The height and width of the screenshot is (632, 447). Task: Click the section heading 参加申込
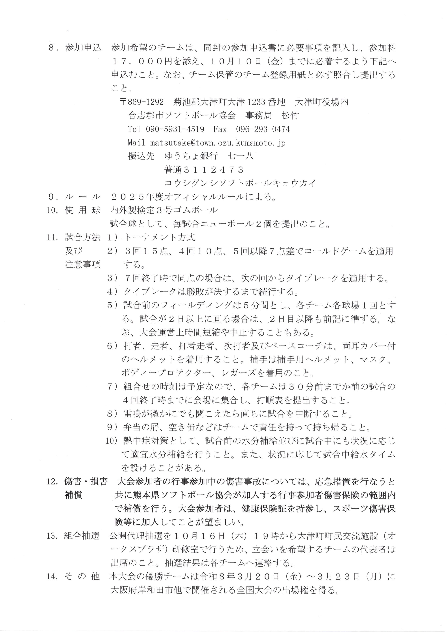[83, 48]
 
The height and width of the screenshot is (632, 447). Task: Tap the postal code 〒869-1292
[142, 102]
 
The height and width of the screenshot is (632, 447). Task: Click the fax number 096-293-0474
[263, 129]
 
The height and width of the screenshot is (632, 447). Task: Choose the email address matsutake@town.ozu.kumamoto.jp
[218, 143]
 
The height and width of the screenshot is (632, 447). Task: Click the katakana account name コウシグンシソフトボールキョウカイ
[240, 183]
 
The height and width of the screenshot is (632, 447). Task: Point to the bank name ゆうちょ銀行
[191, 156]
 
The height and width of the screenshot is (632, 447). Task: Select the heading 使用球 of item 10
[83, 210]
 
